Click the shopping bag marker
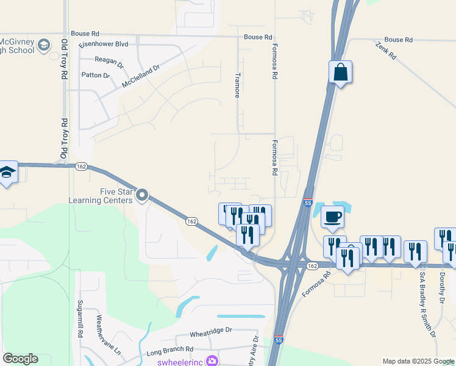(340, 72)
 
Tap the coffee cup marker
(332, 217)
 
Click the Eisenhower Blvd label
(103, 45)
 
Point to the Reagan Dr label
(109, 60)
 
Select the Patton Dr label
(96, 76)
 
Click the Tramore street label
(238, 85)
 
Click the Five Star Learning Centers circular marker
(143, 195)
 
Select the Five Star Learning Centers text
(109, 195)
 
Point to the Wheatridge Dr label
(211, 330)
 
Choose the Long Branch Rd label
(170, 350)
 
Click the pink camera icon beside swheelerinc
(212, 361)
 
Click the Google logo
(20, 359)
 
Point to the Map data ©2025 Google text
(418, 361)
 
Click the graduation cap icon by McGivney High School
(44, 45)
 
